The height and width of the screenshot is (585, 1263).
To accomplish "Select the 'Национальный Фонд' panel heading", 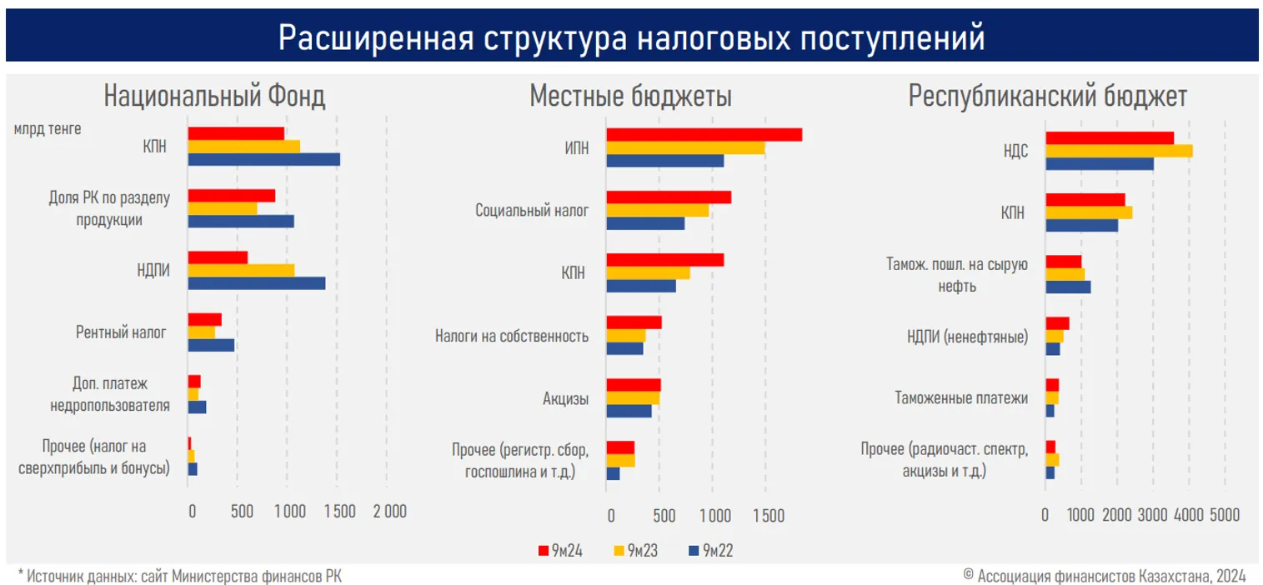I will pyautogui.click(x=214, y=97).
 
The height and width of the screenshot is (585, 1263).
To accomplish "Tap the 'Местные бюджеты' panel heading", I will pyautogui.click(x=631, y=97).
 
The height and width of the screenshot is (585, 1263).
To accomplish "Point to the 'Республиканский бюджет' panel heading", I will pyautogui.click(x=1047, y=97).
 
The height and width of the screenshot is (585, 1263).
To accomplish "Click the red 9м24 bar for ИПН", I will pyautogui.click(x=704, y=135).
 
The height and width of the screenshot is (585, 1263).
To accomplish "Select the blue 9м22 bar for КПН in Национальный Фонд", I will pyautogui.click(x=263, y=160).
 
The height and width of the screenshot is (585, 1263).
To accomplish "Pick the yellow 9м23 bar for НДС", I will pyautogui.click(x=1119, y=151).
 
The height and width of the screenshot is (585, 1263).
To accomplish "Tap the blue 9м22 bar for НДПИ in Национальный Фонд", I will pyautogui.click(x=256, y=283).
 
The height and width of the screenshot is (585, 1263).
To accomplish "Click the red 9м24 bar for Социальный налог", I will pyautogui.click(x=669, y=197).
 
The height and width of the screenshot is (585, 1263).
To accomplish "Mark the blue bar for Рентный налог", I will pyautogui.click(x=211, y=345).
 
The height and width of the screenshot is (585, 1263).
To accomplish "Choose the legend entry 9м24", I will pyautogui.click(x=559, y=550).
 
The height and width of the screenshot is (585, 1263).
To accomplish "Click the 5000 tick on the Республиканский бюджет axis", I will pyautogui.click(x=1225, y=514).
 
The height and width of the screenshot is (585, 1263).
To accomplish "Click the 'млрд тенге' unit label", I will pyautogui.click(x=47, y=129).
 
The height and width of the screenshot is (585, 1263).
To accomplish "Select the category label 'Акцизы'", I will pyautogui.click(x=565, y=398).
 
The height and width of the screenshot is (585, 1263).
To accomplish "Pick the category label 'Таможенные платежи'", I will pyautogui.click(x=961, y=398).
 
